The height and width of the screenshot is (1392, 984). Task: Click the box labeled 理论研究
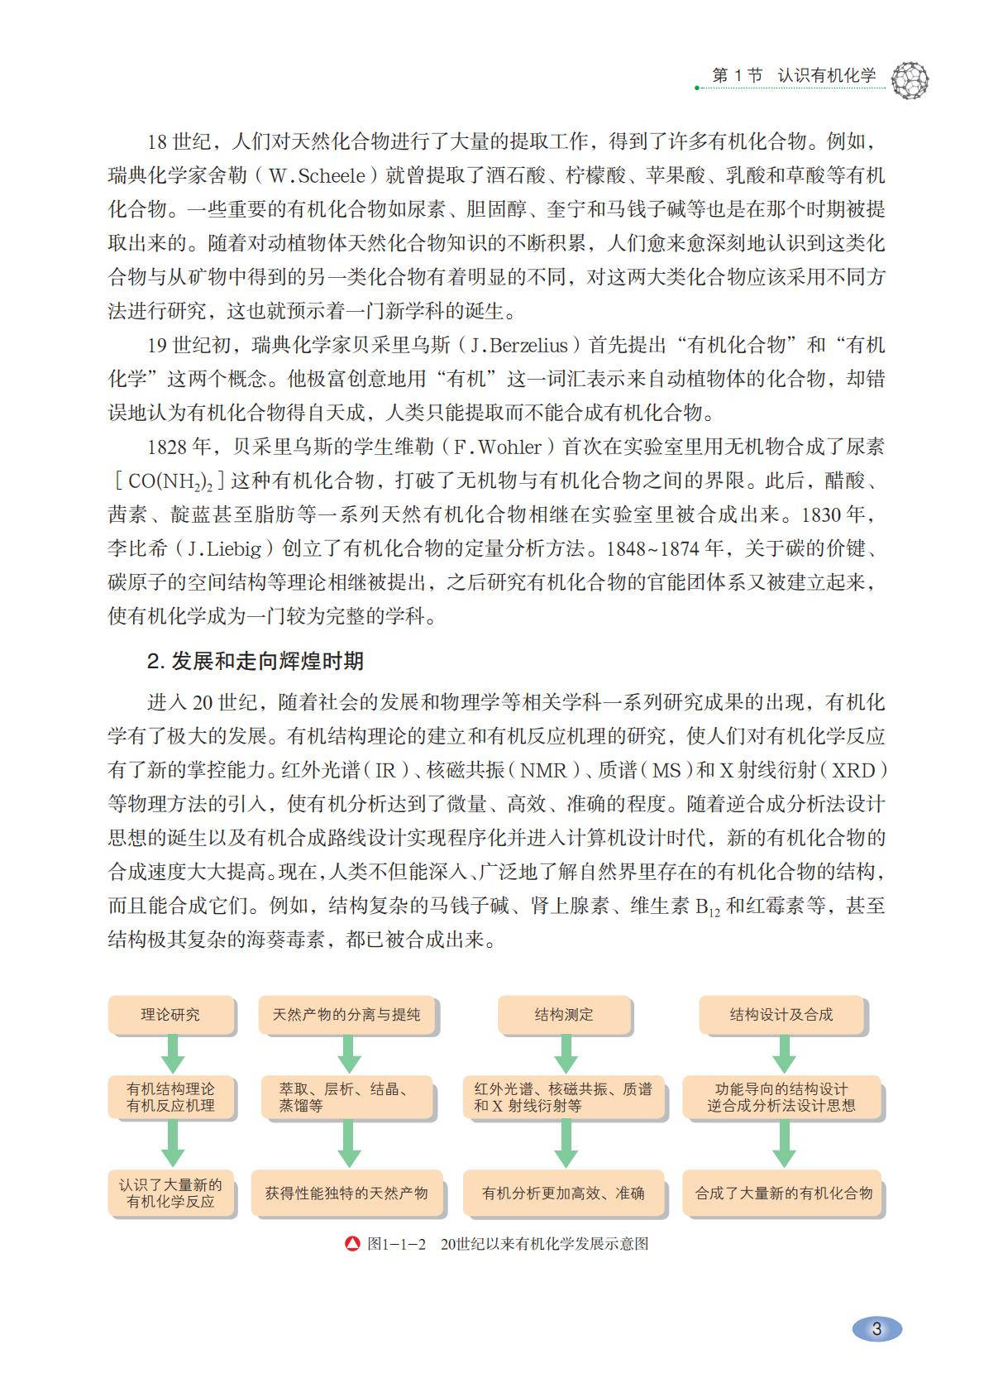coord(170,1015)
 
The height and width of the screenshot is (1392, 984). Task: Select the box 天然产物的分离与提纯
coord(346,1015)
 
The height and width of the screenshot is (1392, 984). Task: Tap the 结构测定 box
coord(564,1015)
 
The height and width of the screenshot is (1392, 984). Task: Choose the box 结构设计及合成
coord(781,1015)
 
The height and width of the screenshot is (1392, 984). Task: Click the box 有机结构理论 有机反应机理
coord(170,1098)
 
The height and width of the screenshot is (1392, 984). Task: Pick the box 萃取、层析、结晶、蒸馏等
coord(346,1098)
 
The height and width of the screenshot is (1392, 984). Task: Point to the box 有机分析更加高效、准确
coord(564,1193)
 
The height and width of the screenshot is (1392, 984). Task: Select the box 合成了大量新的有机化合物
coord(783,1193)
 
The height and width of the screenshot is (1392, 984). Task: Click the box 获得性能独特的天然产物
coord(346,1193)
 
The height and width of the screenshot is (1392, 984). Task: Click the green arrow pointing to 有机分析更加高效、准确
coord(566,1144)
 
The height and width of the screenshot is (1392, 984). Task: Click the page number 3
coord(877,1329)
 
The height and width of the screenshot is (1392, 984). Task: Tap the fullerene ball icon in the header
coord(910,80)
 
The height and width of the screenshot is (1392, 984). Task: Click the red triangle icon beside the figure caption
coord(352,1243)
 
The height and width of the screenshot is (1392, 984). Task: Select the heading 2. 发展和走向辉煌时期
coord(255,661)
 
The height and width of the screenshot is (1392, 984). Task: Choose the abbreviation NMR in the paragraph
coord(543,770)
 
